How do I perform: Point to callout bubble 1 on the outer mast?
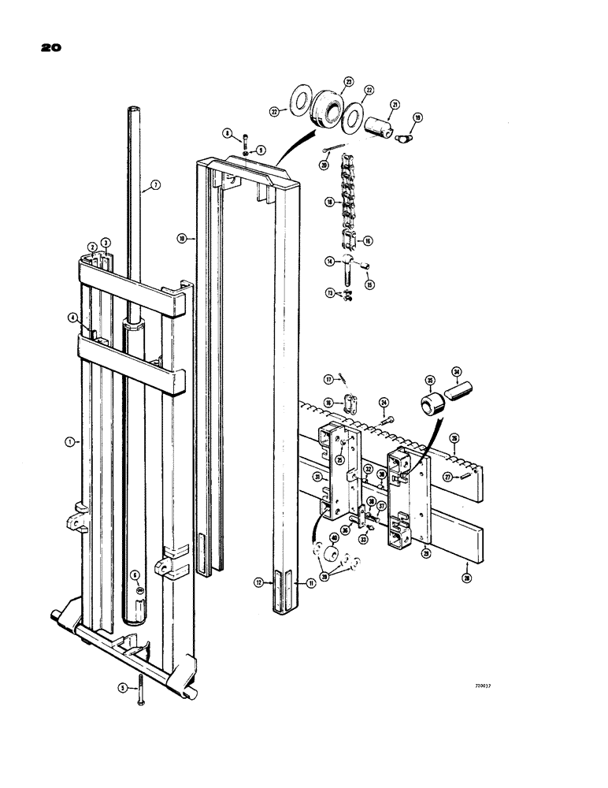point(70,443)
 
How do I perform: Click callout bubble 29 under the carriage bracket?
point(427,552)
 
